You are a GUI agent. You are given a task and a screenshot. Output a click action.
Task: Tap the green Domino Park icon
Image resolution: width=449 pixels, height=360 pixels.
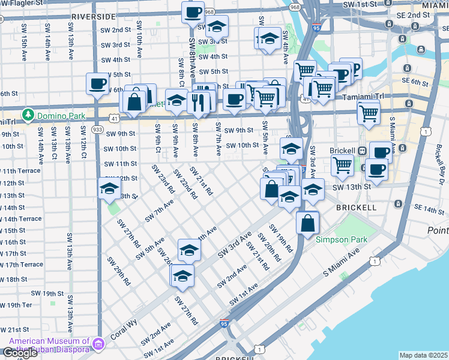pyautogui.click(x=27, y=113)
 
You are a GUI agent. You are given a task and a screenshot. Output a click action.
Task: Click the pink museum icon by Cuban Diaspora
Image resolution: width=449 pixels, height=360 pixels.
pyautogui.click(x=99, y=343)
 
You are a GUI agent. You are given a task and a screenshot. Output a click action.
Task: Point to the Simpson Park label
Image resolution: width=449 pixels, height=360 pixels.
pyautogui.click(x=342, y=239)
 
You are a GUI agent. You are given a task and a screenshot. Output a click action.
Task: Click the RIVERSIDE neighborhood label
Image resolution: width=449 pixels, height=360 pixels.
pyautogui.click(x=92, y=16)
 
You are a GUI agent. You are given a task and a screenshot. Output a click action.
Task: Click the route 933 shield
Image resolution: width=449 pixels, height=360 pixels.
pyautogui.click(x=98, y=129)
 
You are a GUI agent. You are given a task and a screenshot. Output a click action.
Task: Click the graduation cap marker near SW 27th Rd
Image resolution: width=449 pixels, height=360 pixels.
pyautogui.click(x=182, y=275)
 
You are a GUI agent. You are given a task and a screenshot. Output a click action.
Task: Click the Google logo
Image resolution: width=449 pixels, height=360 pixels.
pyautogui.click(x=20, y=353)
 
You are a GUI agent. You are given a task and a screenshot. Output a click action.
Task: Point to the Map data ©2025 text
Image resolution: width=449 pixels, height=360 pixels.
pyautogui.click(x=424, y=355)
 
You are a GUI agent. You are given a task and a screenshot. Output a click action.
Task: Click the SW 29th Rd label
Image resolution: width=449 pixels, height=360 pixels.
pyautogui.click(x=118, y=270)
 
